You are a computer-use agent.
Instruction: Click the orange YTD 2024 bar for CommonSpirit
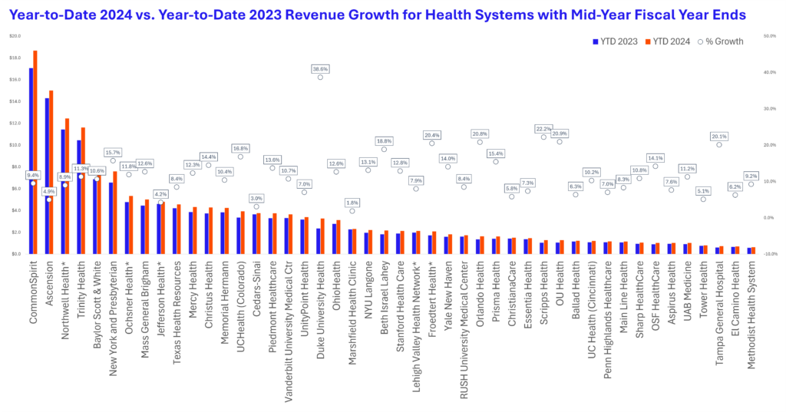[x=35, y=153]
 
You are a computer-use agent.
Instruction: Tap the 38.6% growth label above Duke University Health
[x=320, y=69]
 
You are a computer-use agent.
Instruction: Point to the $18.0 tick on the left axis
[x=15, y=58]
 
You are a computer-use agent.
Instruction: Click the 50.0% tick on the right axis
[x=769, y=35]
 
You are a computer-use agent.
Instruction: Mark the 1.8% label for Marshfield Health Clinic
[x=352, y=203]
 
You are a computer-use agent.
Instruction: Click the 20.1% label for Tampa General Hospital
[x=719, y=137]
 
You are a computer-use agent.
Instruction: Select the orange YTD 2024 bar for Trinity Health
[x=83, y=192]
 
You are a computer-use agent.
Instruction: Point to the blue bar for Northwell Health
[x=62, y=192]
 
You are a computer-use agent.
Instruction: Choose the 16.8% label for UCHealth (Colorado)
[x=240, y=148]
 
